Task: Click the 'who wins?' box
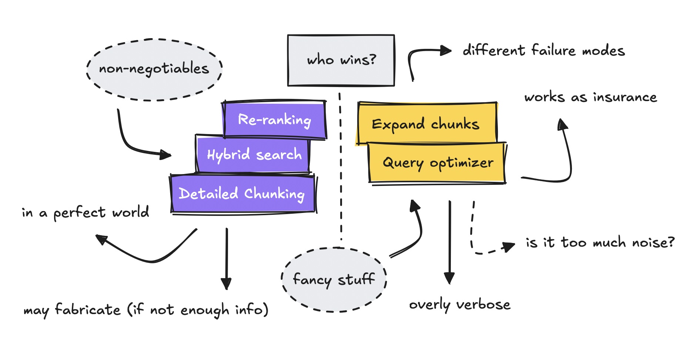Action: tap(341, 60)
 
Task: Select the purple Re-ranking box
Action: tap(275, 120)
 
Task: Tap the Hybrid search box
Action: tap(253, 154)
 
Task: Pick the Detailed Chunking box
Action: tap(243, 194)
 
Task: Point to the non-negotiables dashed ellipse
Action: tap(154, 69)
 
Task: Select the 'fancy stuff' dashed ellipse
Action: tap(334, 280)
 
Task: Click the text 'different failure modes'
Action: tap(543, 50)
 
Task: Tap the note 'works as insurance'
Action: tap(590, 97)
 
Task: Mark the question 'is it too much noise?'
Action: tap(600, 243)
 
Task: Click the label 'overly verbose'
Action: tap(459, 305)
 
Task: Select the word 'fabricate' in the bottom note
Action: tap(88, 310)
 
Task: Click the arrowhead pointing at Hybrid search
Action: tap(165, 154)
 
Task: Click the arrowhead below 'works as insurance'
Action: tap(562, 124)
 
